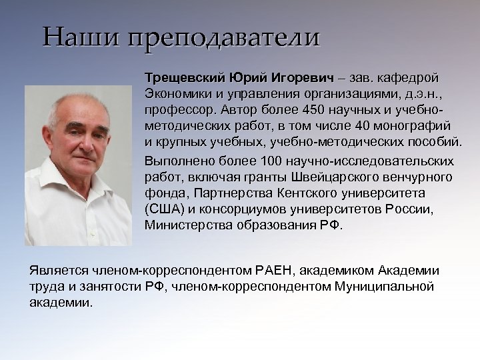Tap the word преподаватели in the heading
coord(224,37)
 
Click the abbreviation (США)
coord(161,209)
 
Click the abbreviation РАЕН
coord(274,271)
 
